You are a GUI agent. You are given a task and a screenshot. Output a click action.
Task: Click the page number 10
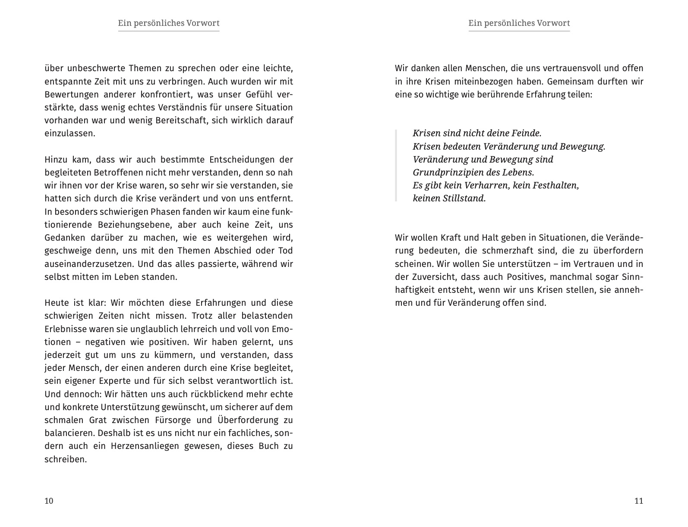pos(49,501)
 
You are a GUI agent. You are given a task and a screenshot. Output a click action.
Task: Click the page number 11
pos(639,501)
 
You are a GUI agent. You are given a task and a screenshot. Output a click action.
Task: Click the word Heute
pos(56,303)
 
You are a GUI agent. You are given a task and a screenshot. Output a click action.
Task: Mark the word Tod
pos(285,251)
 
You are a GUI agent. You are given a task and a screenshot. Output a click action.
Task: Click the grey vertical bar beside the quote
pos(396,166)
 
